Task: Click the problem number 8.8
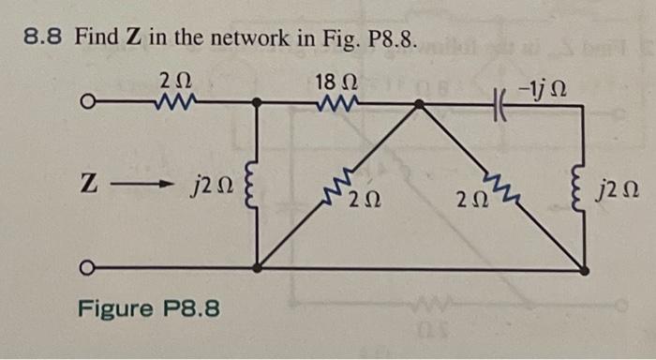tap(44, 38)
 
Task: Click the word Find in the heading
tap(94, 38)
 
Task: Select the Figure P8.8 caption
tap(149, 307)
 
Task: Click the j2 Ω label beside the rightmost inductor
tap(620, 196)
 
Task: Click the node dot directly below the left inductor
tap(257, 269)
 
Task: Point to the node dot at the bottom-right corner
tap(584, 269)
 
